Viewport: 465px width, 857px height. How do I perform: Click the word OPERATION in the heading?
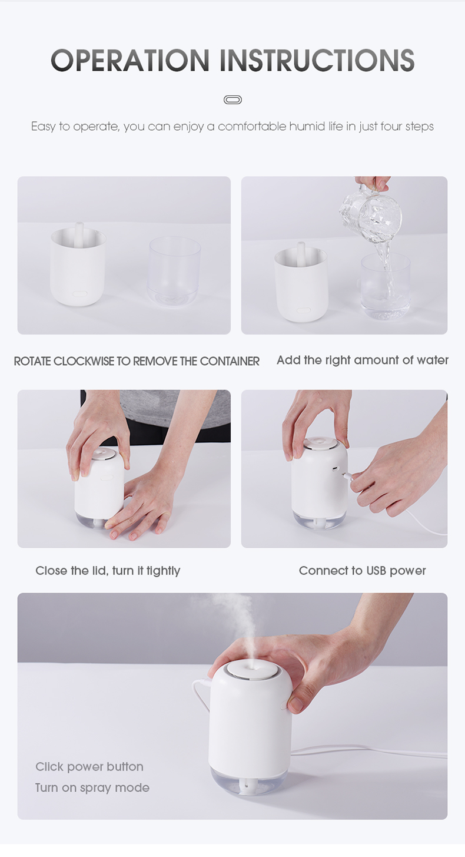click(x=130, y=60)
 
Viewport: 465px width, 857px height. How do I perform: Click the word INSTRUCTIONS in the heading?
click(x=317, y=60)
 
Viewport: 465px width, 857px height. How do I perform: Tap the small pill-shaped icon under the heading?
click(x=232, y=100)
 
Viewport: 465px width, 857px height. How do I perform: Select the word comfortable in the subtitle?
click(x=252, y=126)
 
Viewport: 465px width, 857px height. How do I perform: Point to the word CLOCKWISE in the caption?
click(x=84, y=361)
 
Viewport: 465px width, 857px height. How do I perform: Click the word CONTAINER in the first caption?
click(x=230, y=361)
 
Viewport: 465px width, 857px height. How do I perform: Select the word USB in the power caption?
click(x=376, y=570)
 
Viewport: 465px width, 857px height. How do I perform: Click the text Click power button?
click(x=89, y=766)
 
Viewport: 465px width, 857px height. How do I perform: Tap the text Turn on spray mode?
click(x=92, y=787)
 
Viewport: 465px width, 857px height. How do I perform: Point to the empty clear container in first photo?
click(x=174, y=271)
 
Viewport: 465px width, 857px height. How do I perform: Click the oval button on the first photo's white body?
click(x=80, y=294)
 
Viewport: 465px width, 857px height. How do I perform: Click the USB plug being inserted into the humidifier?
click(x=348, y=475)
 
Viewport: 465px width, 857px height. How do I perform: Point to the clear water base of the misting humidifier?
click(x=248, y=782)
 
